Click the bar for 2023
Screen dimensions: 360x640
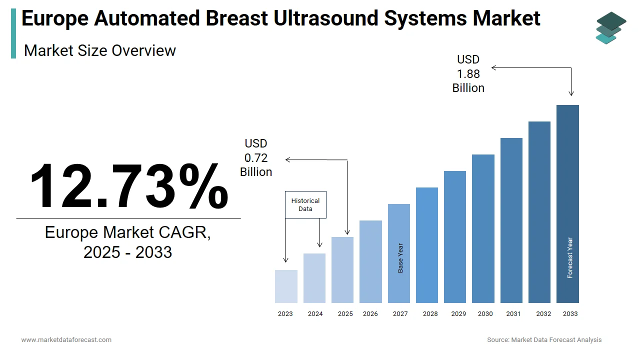tap(286, 286)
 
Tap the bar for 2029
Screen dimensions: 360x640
tap(455, 237)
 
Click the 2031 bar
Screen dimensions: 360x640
tap(511, 220)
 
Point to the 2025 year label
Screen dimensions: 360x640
tap(345, 314)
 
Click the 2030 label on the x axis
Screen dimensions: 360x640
tap(485, 314)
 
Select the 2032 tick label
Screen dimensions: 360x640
tap(543, 314)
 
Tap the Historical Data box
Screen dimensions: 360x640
tap(305, 204)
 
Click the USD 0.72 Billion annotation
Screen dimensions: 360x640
tap(256, 158)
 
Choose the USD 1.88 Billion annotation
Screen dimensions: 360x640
tap(468, 74)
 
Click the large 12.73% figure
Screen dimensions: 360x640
tap(128, 185)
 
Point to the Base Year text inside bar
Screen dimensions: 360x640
tap(400, 258)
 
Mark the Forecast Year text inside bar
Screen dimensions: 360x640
tap(570, 258)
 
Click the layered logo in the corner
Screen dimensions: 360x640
tap(610, 27)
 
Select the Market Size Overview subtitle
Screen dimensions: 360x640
tap(100, 50)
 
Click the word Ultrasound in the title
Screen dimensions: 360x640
tap(325, 18)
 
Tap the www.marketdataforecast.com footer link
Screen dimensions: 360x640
tap(66, 340)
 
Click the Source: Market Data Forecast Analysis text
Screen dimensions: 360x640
tap(544, 340)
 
